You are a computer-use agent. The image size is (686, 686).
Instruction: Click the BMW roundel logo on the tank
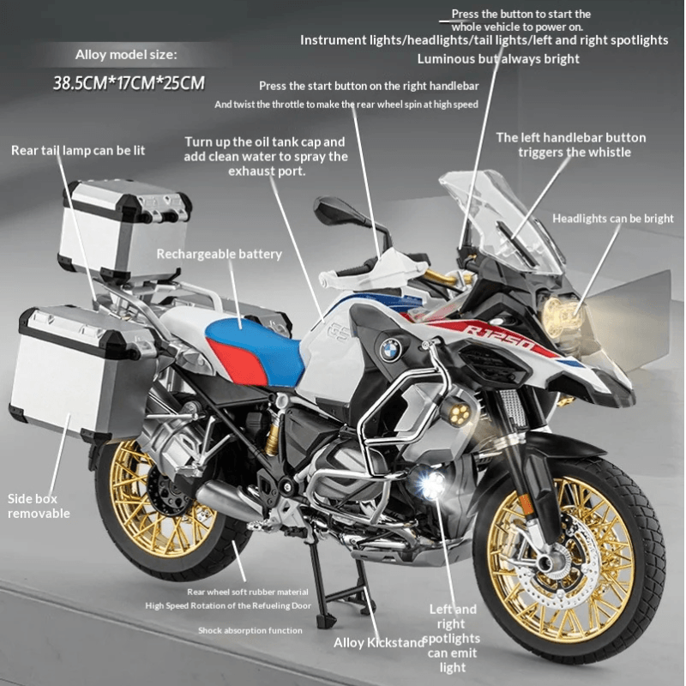click(x=391, y=349)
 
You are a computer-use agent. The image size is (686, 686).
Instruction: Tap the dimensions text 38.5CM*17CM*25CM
click(x=129, y=84)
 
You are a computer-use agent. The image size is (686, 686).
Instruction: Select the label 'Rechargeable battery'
click(x=219, y=254)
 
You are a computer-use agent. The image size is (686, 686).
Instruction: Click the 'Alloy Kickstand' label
click(x=378, y=642)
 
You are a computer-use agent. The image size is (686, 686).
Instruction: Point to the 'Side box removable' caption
click(x=39, y=506)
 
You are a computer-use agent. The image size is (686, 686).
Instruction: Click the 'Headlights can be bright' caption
click(x=612, y=219)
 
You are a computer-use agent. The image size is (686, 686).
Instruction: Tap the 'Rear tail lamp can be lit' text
click(x=78, y=150)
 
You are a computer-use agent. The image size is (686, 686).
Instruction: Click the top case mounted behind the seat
click(x=125, y=227)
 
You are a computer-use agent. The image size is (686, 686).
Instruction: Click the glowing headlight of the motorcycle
click(x=562, y=316)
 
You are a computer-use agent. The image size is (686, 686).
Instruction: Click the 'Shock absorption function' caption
click(x=250, y=630)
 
